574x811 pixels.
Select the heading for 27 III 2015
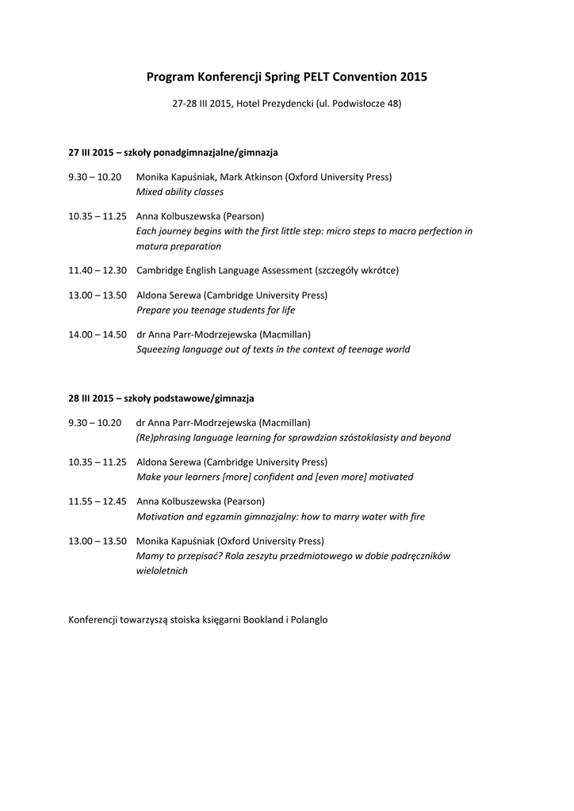coord(173,151)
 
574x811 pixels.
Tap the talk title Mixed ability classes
coord(180,192)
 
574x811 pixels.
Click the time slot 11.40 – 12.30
coord(98,270)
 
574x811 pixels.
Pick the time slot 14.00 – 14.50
coord(98,334)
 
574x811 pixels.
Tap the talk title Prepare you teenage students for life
coord(216,310)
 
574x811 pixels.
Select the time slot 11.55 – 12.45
coord(98,501)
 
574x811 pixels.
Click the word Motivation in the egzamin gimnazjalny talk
coord(162,516)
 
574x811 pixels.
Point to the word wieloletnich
coord(163,571)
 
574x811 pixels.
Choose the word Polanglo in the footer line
coord(308,619)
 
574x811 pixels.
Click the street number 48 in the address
coord(394,104)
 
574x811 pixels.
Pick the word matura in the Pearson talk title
coord(151,246)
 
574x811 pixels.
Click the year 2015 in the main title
coord(414,77)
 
